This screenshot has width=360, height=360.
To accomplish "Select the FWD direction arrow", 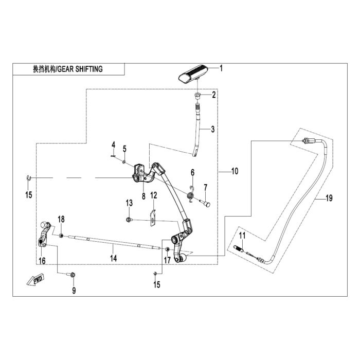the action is pos(35,280).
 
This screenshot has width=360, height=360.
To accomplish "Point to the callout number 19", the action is pos(329,198).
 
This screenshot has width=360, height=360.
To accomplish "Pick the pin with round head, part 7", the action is pos(205,203).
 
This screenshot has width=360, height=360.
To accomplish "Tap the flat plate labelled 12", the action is pos(153,218).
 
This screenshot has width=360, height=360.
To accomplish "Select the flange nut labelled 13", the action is pos(129,220).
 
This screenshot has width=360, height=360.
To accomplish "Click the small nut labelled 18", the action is pos(61,236).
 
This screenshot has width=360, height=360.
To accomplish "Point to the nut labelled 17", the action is pos(167,249).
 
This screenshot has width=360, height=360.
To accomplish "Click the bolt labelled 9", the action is pos(71,274).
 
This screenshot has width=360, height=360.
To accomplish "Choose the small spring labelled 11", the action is pos(238,248).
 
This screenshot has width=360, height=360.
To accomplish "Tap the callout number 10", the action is pos(235,171).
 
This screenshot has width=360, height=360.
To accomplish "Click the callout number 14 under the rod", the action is pos(113,258).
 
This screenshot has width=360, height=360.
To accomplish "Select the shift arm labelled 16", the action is pos(45,234).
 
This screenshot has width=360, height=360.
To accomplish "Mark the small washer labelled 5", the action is pos(124,162).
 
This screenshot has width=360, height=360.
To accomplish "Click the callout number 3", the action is pos(213,129).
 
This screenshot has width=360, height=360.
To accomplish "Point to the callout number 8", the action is pos(143,196).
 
